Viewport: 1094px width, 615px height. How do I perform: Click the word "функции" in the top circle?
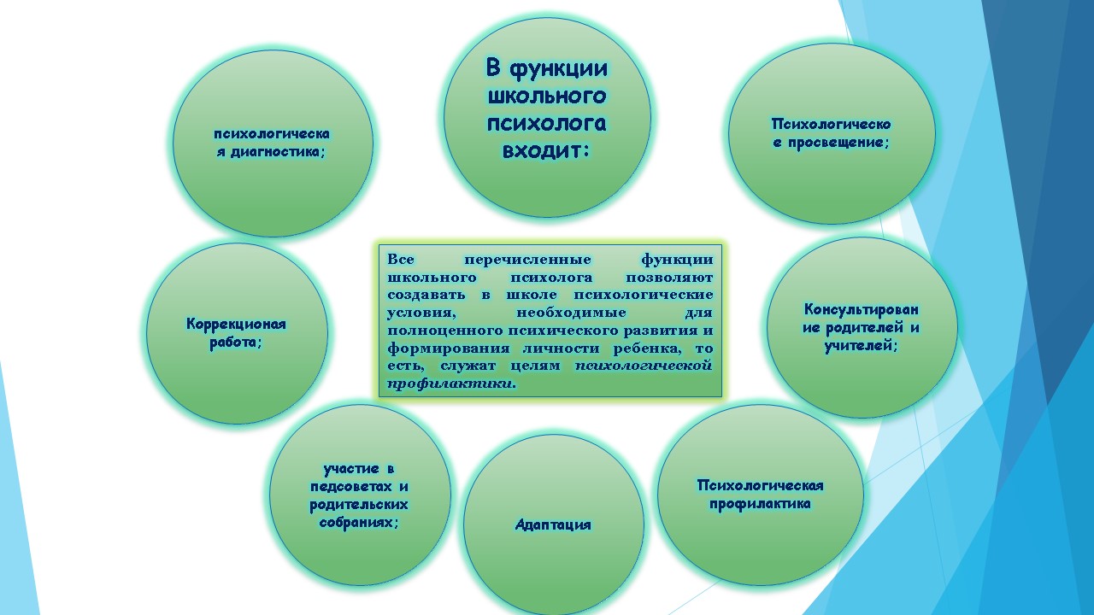(x=559, y=69)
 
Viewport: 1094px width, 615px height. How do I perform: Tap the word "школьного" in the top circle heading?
(x=547, y=96)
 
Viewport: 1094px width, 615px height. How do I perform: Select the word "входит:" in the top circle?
(x=545, y=151)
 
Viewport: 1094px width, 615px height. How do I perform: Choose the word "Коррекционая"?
(x=237, y=324)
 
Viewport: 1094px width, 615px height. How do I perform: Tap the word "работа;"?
(x=236, y=343)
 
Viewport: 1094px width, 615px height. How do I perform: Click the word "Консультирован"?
(x=861, y=309)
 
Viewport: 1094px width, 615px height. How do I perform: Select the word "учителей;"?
(x=861, y=346)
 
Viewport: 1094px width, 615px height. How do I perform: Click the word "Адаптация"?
(x=553, y=524)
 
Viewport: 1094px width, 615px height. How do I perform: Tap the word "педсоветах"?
(x=351, y=487)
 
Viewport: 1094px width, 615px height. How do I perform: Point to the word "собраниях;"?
(x=359, y=522)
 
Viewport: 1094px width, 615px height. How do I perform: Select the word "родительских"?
(x=359, y=505)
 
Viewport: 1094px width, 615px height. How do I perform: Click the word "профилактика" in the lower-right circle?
(x=760, y=504)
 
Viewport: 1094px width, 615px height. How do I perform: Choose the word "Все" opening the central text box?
(x=401, y=259)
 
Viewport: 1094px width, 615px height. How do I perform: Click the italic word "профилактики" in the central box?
(x=451, y=384)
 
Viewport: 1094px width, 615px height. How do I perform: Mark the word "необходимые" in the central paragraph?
(x=571, y=313)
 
